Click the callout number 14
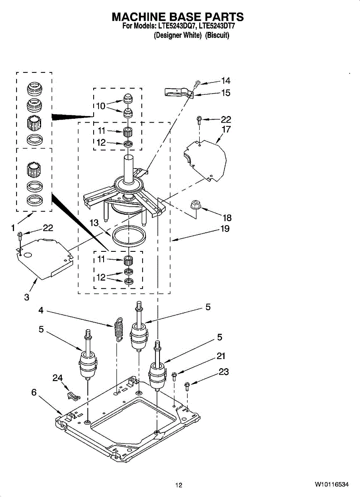coord(225,81)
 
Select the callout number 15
coord(225,93)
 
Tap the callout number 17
coord(226,130)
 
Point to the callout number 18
coord(227,218)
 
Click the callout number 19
coord(225,229)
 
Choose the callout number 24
coord(57,378)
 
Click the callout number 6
coord(34,392)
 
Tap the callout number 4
coord(41,310)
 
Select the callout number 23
coord(224,372)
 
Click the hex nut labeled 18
coord(196,205)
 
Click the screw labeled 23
coord(187,386)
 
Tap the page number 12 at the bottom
coord(179,485)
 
